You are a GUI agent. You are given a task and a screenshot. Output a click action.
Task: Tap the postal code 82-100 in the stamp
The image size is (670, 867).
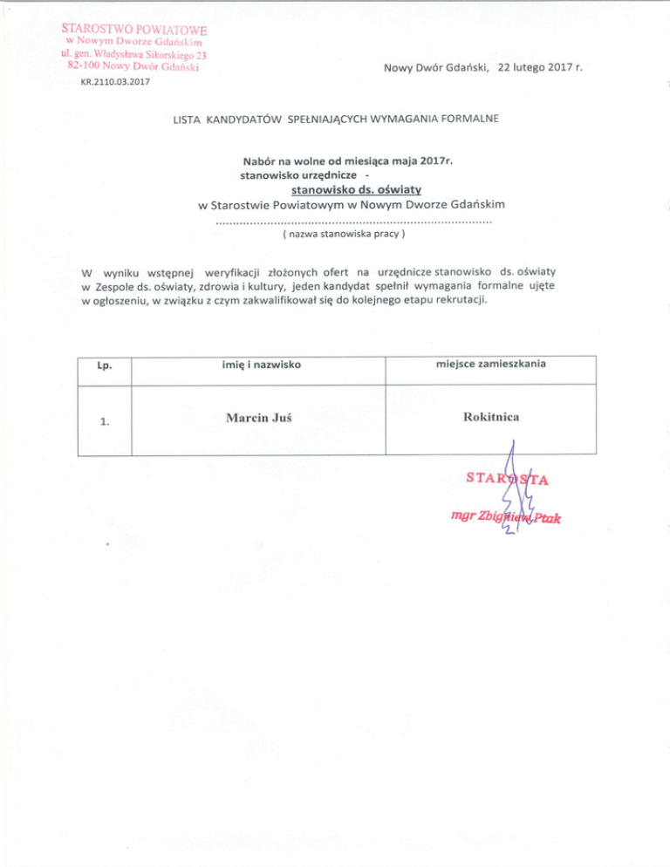87,67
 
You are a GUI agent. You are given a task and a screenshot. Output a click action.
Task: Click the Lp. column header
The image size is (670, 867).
104,365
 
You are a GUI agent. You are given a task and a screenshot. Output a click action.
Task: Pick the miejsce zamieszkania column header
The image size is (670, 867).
490,363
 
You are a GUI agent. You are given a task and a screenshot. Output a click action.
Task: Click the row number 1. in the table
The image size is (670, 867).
104,423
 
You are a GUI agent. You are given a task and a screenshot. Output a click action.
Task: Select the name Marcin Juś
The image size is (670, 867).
258,419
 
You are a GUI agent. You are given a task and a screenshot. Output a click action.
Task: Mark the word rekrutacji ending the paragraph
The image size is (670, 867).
456,300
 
